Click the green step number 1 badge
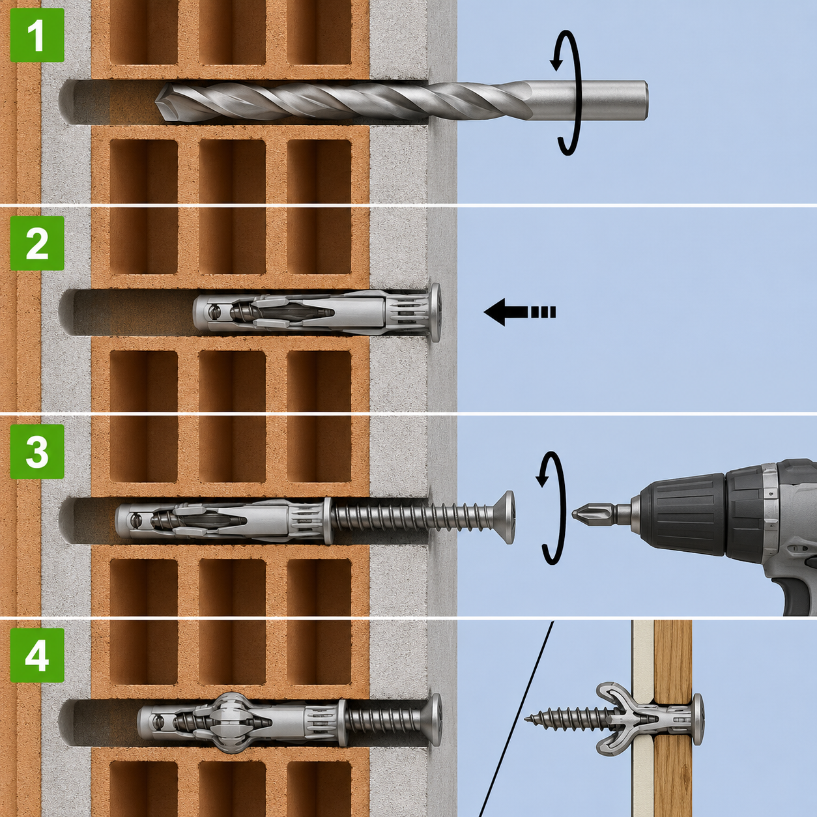click(37, 35)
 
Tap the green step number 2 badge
click(37, 243)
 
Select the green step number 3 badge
click(37, 451)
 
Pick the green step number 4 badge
click(37, 655)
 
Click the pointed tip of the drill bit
click(156, 102)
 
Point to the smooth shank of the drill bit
click(590, 100)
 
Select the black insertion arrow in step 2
click(519, 312)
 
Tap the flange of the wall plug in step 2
click(435, 313)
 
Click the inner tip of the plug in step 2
click(196, 313)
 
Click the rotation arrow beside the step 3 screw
click(552, 509)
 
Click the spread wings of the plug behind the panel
click(615, 719)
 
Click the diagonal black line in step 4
click(516, 719)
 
